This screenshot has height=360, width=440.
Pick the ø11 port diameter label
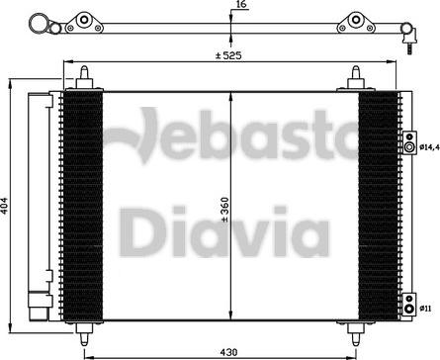tap(424, 310)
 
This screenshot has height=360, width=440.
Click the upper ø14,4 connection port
tap(406, 147)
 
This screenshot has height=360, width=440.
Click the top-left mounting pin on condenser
tap(85, 78)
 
